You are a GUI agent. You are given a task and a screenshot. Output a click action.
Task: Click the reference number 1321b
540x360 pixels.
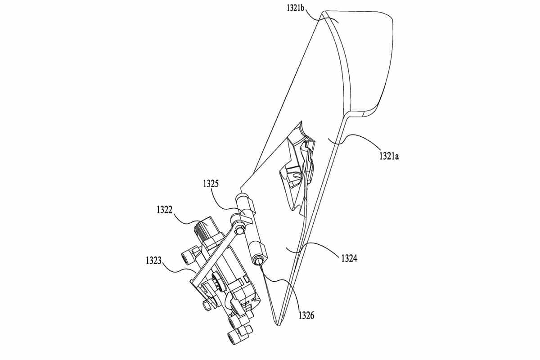coord(296,8)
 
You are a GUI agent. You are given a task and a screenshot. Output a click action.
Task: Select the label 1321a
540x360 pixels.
coord(389,156)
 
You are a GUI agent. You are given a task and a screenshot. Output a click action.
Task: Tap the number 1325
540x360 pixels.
coord(211,184)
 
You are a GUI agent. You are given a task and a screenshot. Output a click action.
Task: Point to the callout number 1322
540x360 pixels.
coord(165,210)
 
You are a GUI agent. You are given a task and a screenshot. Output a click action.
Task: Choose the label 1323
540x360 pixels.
coord(153,261)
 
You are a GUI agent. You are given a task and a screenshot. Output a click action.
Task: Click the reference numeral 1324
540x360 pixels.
coord(349,258)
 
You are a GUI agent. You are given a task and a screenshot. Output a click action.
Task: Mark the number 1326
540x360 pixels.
coord(306,315)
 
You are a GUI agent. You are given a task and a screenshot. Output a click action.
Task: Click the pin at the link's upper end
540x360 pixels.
coord(239,230)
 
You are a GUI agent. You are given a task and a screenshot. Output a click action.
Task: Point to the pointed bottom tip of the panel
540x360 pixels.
coord(279,325)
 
